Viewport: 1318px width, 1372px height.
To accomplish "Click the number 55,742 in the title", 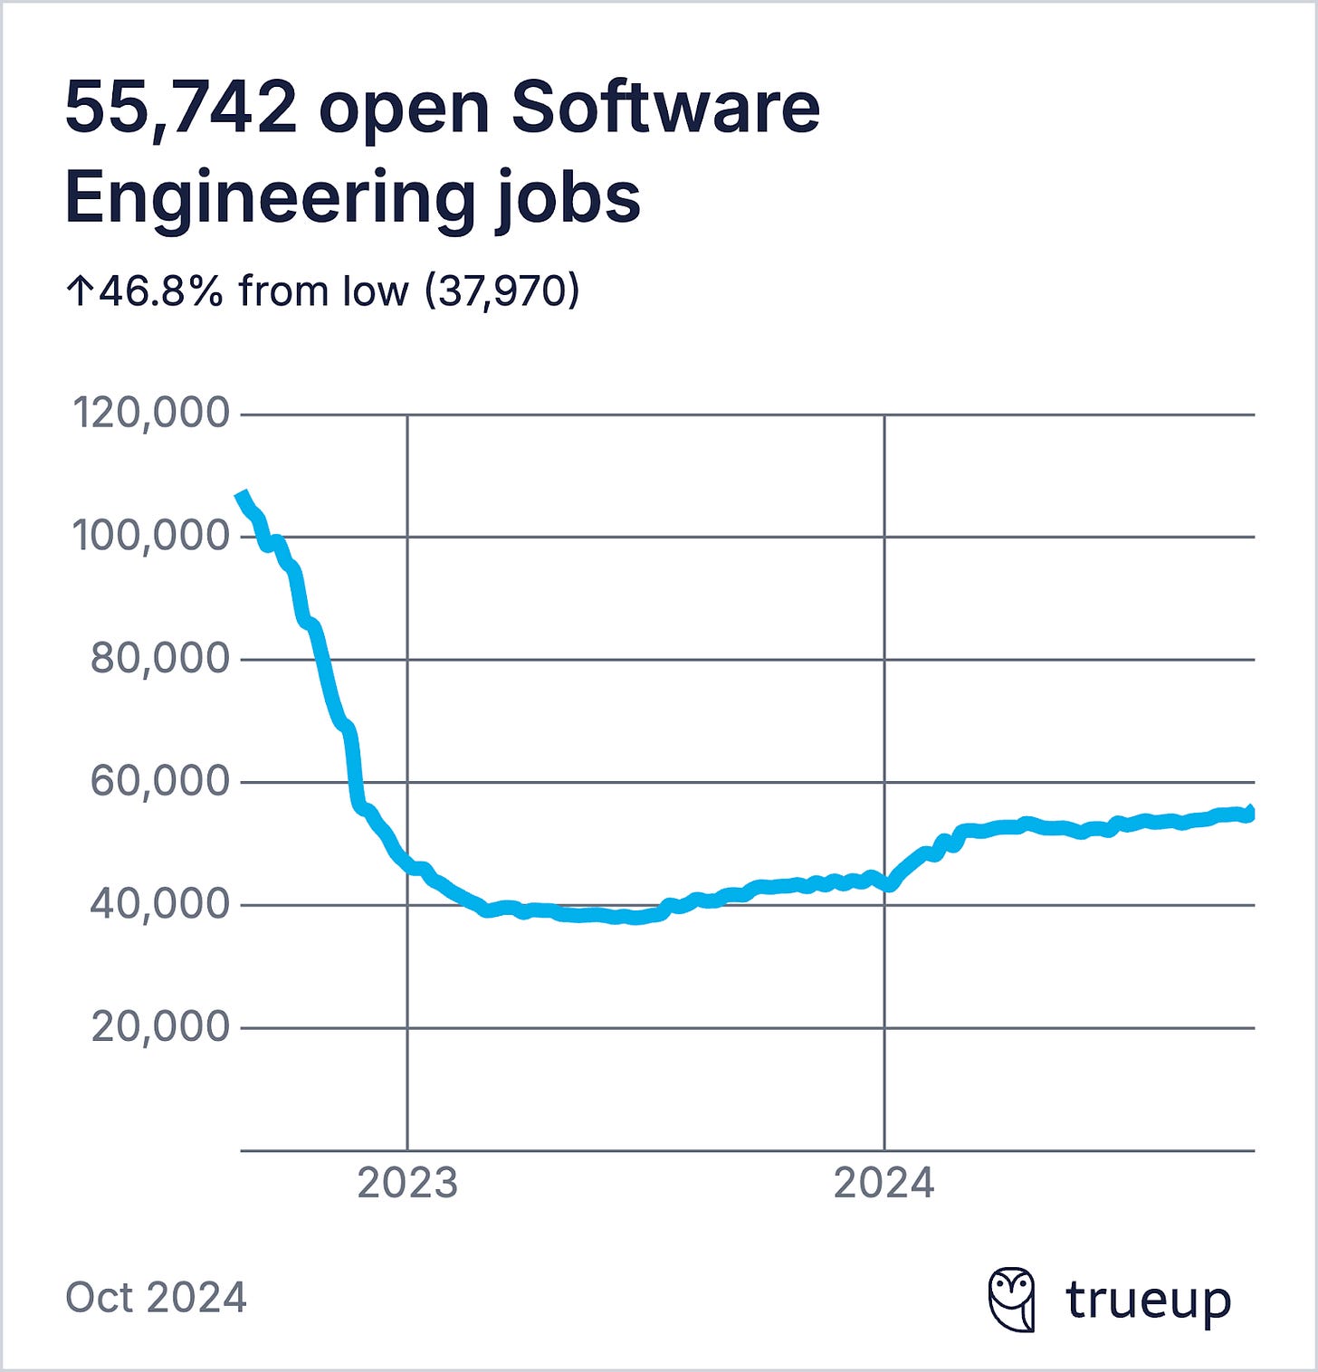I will [x=181, y=107].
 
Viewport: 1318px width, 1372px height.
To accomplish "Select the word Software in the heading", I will [x=665, y=107].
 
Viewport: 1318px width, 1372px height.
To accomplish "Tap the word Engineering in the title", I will [x=270, y=197].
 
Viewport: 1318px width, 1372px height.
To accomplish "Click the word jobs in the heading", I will [x=568, y=197].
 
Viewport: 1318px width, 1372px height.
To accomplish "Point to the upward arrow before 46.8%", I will [x=79, y=291].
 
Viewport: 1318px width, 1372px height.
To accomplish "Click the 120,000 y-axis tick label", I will [x=151, y=413].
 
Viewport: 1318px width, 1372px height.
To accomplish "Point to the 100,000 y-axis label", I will [x=151, y=535].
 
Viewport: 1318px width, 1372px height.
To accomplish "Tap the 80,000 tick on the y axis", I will [x=160, y=658].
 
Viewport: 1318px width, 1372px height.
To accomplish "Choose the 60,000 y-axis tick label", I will [x=160, y=780].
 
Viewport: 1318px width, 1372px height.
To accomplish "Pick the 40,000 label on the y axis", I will [x=160, y=903].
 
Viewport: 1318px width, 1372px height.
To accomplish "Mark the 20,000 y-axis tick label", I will [x=160, y=1026].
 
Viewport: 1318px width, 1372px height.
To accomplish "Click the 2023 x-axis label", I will [x=407, y=1182].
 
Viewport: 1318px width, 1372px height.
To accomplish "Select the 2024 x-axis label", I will [x=883, y=1182].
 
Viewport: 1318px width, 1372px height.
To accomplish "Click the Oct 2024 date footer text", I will [x=156, y=1297].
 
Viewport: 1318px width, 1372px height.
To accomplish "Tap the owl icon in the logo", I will [x=1011, y=1299].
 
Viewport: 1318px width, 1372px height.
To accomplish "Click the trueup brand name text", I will [x=1148, y=1300].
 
